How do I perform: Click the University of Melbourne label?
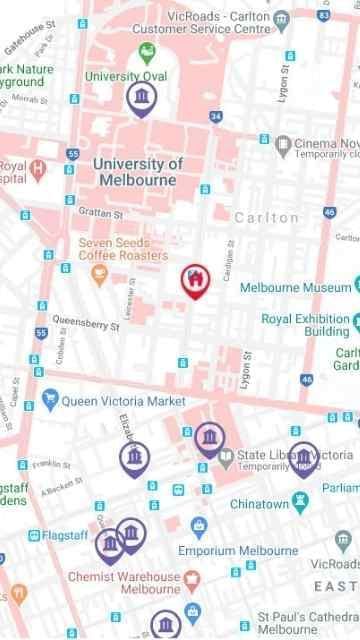tap(137, 172)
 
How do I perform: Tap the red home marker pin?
tap(195, 280)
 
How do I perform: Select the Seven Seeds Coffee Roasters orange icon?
tap(98, 273)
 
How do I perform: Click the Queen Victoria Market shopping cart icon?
tap(50, 401)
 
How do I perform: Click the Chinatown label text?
tap(259, 504)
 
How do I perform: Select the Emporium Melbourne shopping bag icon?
tap(198, 526)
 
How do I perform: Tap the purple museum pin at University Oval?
tap(143, 97)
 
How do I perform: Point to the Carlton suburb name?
tap(266, 217)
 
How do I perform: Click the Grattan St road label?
tap(99, 213)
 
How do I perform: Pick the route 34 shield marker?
tap(216, 117)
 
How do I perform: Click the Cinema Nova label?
tap(325, 144)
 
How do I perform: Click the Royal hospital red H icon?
tap(38, 167)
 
